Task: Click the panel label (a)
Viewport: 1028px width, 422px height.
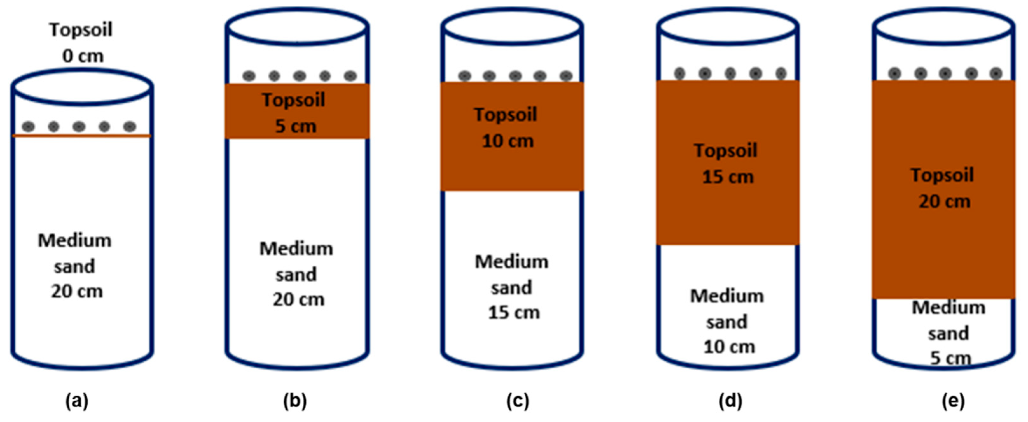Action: click(x=77, y=401)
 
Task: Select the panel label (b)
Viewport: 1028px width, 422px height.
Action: click(x=295, y=401)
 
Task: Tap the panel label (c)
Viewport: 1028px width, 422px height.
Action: click(x=518, y=401)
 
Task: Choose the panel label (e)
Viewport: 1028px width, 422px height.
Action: click(x=953, y=401)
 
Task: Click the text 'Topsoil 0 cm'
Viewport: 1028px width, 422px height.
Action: click(x=81, y=43)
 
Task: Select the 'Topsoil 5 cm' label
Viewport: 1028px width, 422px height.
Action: click(x=294, y=113)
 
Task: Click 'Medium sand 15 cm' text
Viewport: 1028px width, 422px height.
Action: click(x=512, y=287)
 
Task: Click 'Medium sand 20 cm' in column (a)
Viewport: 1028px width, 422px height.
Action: click(x=75, y=266)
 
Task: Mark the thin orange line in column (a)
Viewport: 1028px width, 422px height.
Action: click(x=82, y=136)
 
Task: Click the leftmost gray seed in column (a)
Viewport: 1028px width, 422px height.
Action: click(x=28, y=127)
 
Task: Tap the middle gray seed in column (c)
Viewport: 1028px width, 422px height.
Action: click(x=515, y=76)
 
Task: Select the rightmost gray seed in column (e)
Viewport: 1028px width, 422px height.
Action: click(x=996, y=74)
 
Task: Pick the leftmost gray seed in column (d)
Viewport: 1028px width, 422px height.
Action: click(x=680, y=74)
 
